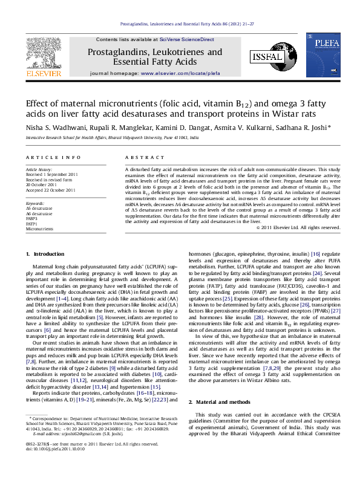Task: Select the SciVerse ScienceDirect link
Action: pyautogui.click(x=186, y=39)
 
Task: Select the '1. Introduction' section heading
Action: pyautogui.click(x=46, y=270)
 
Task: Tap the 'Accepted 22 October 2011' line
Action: pyautogui.click(x=51, y=190)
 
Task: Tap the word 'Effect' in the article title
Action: pyautogui.click(x=38, y=103)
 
